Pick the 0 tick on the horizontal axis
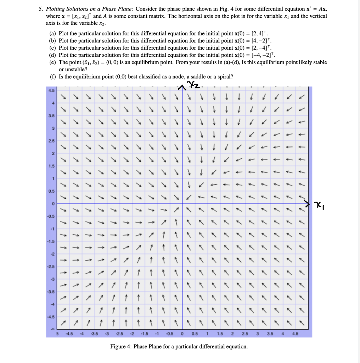(182, 334)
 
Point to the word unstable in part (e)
(72, 69)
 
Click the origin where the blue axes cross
(182, 203)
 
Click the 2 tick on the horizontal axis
(232, 334)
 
